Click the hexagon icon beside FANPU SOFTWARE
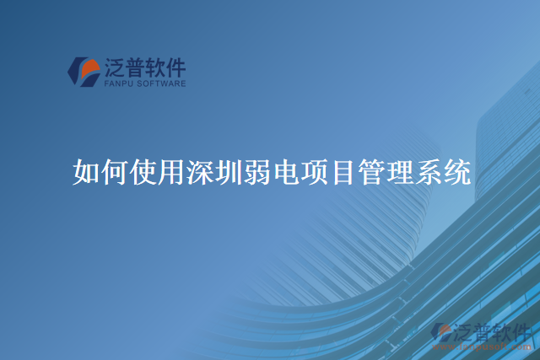[84, 73]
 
